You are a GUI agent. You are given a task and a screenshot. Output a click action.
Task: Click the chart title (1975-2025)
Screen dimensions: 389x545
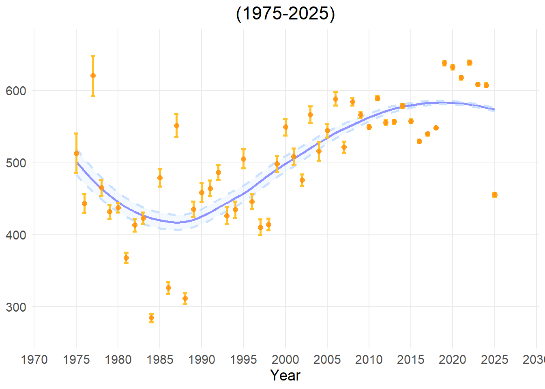(285, 14)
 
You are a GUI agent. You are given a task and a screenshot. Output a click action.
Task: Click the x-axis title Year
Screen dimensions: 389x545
(285, 375)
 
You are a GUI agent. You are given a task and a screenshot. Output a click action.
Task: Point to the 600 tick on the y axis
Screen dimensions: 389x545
(16, 91)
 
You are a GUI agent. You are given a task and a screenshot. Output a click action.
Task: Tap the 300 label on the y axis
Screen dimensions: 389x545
(16, 307)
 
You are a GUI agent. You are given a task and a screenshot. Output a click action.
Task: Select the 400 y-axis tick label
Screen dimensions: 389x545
(16, 235)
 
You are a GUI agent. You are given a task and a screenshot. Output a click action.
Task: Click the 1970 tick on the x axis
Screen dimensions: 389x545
(34, 359)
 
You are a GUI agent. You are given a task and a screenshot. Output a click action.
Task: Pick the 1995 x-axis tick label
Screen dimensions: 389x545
(243, 359)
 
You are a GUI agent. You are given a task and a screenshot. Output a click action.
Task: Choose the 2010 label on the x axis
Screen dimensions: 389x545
(369, 359)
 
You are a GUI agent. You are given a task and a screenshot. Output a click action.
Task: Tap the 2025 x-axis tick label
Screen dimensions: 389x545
(494, 359)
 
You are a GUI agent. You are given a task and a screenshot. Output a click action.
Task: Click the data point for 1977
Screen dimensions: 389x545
(93, 75)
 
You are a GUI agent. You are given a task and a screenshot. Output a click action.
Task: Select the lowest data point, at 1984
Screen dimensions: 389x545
(151, 318)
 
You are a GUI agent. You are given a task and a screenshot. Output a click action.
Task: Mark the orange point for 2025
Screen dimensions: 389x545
(495, 194)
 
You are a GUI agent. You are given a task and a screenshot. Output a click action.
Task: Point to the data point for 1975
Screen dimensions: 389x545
(76, 153)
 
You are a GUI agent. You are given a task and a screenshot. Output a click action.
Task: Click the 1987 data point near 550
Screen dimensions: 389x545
(176, 126)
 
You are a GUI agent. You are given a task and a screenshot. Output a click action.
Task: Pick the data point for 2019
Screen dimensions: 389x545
(444, 63)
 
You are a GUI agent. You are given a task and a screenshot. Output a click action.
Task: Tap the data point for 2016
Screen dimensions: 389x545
(419, 141)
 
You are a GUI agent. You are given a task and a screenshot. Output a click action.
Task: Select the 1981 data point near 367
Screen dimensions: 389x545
(126, 258)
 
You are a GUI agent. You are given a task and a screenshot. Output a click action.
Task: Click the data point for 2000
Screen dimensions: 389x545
(285, 127)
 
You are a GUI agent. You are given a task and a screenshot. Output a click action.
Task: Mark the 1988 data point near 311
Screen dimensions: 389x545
(185, 298)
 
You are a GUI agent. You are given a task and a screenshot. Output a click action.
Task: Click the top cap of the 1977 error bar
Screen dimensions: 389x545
(93, 56)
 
